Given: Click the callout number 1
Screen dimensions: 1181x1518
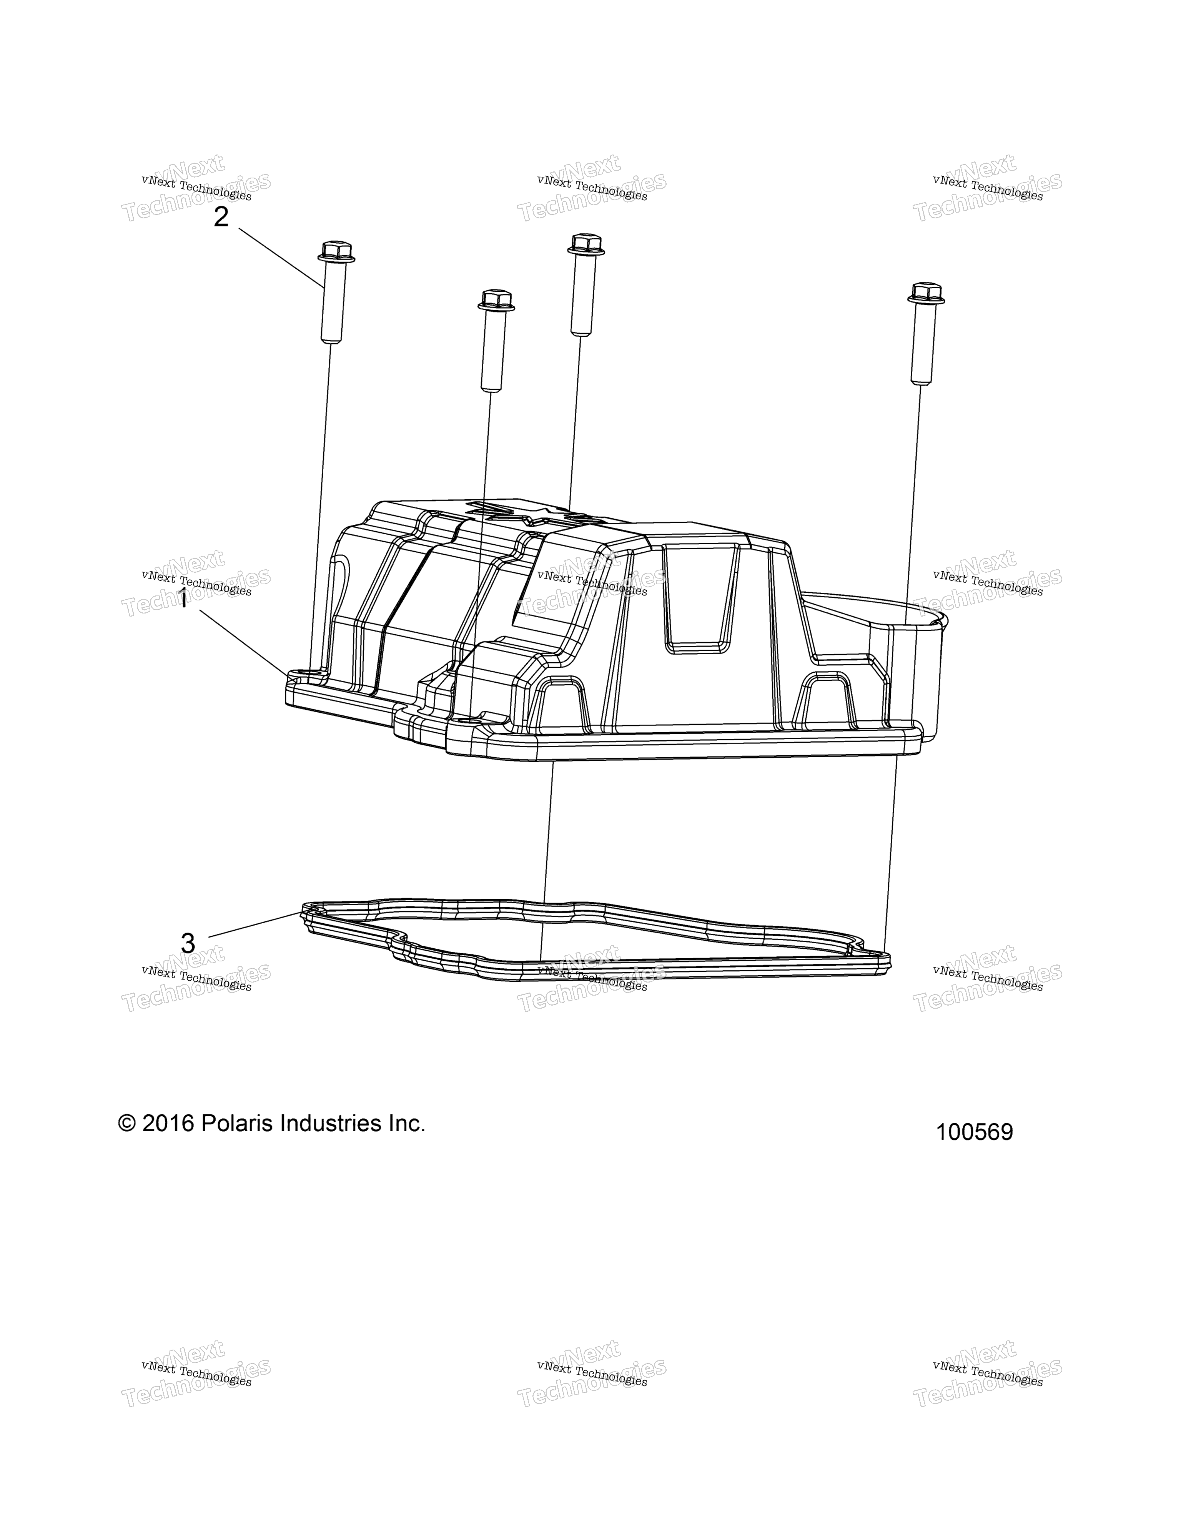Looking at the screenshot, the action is click(x=183, y=599).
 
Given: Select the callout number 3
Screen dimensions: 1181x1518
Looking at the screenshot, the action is click(x=188, y=943).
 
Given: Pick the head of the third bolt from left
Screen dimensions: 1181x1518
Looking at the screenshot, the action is click(x=587, y=244).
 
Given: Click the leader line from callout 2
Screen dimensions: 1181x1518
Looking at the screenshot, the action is click(x=281, y=258).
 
